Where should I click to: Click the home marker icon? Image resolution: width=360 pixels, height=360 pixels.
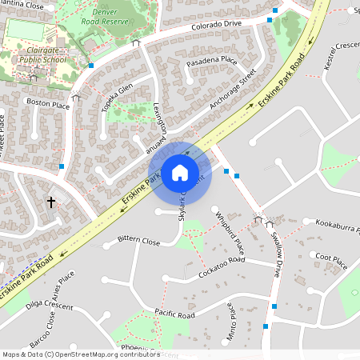pos(180,173)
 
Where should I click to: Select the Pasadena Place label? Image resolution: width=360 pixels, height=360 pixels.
pos(211,60)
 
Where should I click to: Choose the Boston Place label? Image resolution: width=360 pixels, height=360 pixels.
pos(48,103)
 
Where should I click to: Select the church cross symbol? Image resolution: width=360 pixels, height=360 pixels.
pos(51,203)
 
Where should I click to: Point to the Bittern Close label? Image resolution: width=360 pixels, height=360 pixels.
pos(138,240)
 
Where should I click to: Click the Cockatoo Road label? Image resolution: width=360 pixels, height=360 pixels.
pos(221,268)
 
